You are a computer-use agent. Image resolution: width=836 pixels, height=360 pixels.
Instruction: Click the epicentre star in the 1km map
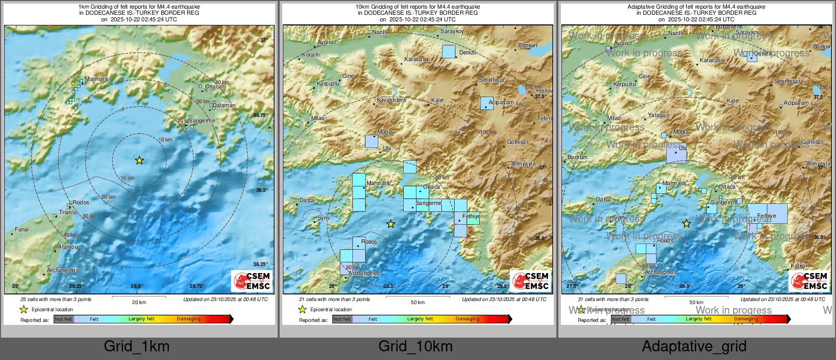139,160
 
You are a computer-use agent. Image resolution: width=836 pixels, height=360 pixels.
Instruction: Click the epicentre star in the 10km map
391,224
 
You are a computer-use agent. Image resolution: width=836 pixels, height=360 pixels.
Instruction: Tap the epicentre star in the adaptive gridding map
686,223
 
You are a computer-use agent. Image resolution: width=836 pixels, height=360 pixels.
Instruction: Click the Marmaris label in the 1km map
97,79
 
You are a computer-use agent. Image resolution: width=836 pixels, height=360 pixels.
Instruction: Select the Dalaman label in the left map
224,106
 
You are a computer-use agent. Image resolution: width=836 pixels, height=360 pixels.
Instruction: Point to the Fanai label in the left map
22,229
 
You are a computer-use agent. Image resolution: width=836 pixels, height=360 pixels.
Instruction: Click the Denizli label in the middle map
467,52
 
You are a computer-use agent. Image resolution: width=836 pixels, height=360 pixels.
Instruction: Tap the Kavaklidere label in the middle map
392,100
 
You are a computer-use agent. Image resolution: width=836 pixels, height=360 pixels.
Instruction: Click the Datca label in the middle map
307,200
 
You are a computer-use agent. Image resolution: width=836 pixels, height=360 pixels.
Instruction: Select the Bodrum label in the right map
577,157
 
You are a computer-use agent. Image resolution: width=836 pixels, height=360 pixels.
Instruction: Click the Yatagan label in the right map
659,115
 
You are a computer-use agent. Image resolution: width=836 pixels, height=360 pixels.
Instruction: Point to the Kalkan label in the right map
799,265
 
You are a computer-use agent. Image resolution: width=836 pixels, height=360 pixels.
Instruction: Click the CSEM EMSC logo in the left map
252,281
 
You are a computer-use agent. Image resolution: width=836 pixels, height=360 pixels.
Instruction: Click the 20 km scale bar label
139,302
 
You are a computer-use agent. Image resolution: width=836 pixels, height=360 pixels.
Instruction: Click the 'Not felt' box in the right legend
620,319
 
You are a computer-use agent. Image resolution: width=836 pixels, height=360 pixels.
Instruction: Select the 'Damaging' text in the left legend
189,319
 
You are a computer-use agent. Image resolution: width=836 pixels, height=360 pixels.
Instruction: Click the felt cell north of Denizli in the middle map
449,51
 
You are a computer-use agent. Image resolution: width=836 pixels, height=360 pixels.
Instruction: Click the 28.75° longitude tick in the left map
197,286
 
